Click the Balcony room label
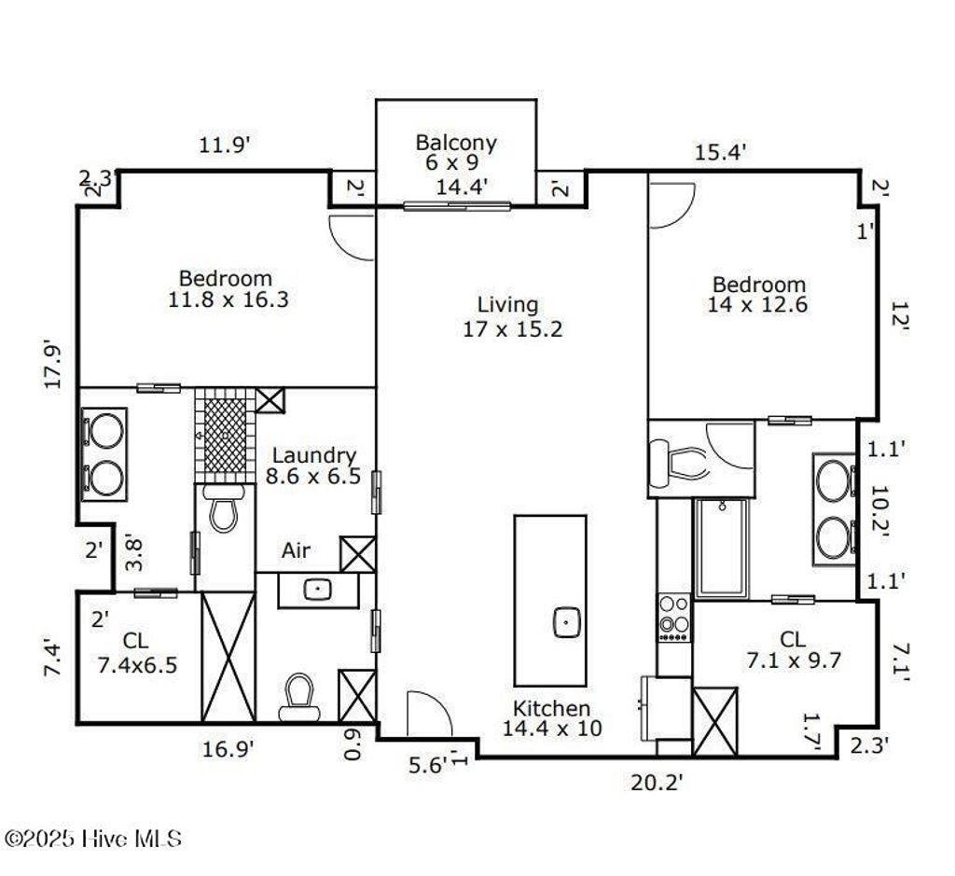click(x=456, y=152)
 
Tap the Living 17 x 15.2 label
click(x=508, y=316)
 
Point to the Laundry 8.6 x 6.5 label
click(x=313, y=466)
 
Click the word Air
click(x=297, y=551)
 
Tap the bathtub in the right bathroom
click(x=720, y=548)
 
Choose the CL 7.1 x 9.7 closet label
click(x=792, y=649)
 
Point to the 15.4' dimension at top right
click(x=719, y=150)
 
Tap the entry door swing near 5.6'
click(x=429, y=714)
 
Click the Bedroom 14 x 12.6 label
click(x=758, y=294)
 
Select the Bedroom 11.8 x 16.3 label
click(x=226, y=288)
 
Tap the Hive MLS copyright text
click(x=93, y=839)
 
